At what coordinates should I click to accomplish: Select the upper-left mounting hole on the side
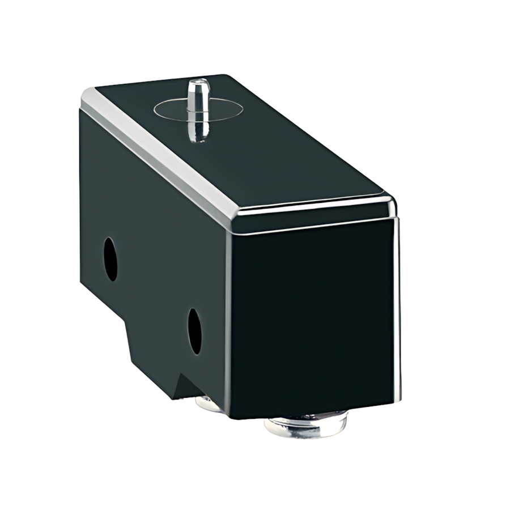click(110, 260)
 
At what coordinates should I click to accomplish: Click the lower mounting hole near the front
click(194, 331)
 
